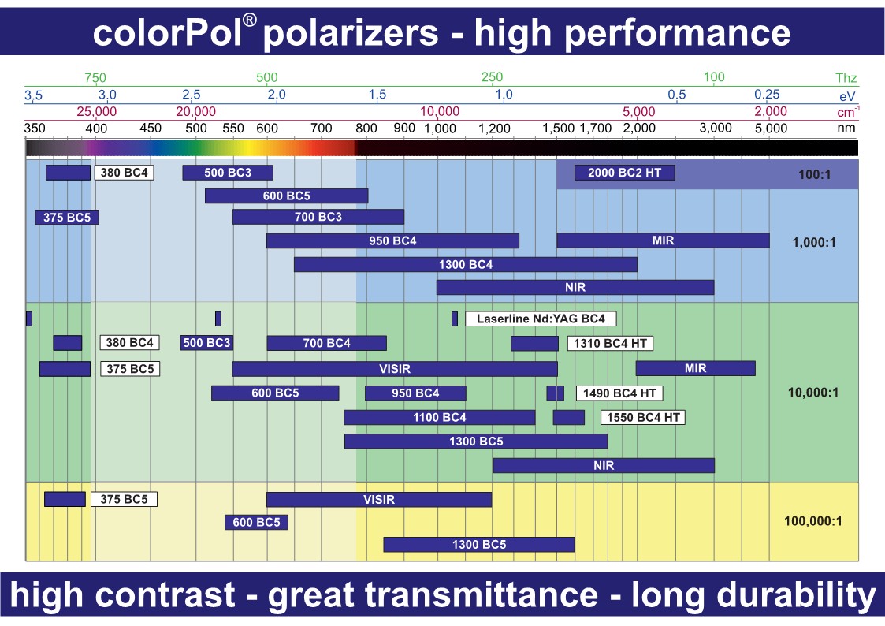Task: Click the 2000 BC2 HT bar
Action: (x=624, y=173)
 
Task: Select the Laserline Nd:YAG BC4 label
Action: (x=541, y=319)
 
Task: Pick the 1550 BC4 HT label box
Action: (x=643, y=417)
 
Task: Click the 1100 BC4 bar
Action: (x=440, y=417)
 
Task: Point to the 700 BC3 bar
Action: (x=318, y=217)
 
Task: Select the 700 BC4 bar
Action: (x=326, y=343)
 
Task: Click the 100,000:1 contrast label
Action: (x=813, y=520)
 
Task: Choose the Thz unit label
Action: (x=846, y=78)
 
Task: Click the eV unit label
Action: (x=848, y=95)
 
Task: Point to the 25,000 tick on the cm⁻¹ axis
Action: (x=97, y=111)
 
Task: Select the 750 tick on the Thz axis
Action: (x=95, y=78)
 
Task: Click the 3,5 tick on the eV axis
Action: (x=33, y=95)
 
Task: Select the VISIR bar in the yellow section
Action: (x=379, y=499)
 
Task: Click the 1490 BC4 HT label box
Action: (x=619, y=393)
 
